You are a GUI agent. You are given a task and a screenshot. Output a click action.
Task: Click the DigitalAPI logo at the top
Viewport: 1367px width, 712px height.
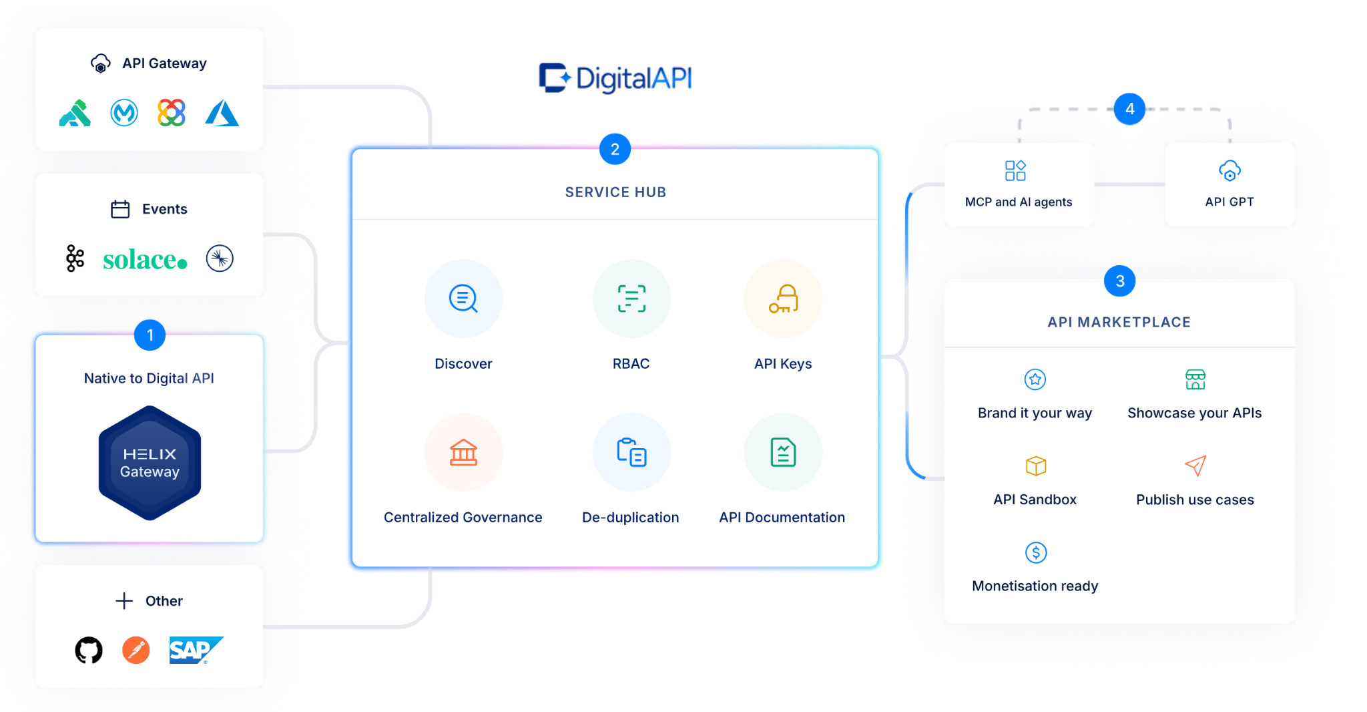(x=615, y=78)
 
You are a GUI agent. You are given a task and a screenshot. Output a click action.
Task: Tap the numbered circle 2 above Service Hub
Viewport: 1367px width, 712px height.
(x=615, y=149)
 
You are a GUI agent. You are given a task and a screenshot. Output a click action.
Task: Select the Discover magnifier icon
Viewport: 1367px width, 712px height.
(x=463, y=299)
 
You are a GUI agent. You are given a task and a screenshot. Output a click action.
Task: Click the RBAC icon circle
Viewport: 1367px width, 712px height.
(x=631, y=299)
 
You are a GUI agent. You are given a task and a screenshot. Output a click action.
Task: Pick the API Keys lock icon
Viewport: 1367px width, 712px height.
(x=783, y=299)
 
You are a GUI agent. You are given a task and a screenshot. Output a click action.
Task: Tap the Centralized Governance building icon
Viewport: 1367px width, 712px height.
(x=463, y=452)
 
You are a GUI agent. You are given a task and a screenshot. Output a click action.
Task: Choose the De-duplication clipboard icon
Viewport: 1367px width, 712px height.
(x=631, y=452)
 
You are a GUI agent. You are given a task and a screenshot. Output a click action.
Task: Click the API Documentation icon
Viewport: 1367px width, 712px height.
(x=783, y=452)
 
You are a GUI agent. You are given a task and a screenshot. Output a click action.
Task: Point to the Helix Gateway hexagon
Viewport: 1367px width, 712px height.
(x=150, y=463)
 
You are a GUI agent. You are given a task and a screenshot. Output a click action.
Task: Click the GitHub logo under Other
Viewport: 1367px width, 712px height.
(x=89, y=650)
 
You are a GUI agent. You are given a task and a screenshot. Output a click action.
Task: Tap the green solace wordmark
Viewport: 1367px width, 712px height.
(x=145, y=260)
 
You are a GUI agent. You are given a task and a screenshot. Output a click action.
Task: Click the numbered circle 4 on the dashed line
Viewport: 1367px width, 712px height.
(x=1129, y=109)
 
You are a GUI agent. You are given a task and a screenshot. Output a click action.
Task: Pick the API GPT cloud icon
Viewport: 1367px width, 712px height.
(x=1229, y=171)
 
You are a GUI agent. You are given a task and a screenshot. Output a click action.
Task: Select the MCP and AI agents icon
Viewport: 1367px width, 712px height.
(x=1015, y=170)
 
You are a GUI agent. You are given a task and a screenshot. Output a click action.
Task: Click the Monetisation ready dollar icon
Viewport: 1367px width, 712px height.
(x=1035, y=552)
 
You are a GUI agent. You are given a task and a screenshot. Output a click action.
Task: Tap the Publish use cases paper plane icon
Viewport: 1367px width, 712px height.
(x=1195, y=466)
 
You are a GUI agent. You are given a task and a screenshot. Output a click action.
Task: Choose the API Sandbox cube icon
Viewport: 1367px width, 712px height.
(x=1035, y=466)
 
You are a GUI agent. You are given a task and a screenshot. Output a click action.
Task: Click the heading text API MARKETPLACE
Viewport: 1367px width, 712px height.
(x=1119, y=322)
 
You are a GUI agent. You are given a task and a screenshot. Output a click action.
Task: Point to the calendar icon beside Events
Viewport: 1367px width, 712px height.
(x=120, y=209)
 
